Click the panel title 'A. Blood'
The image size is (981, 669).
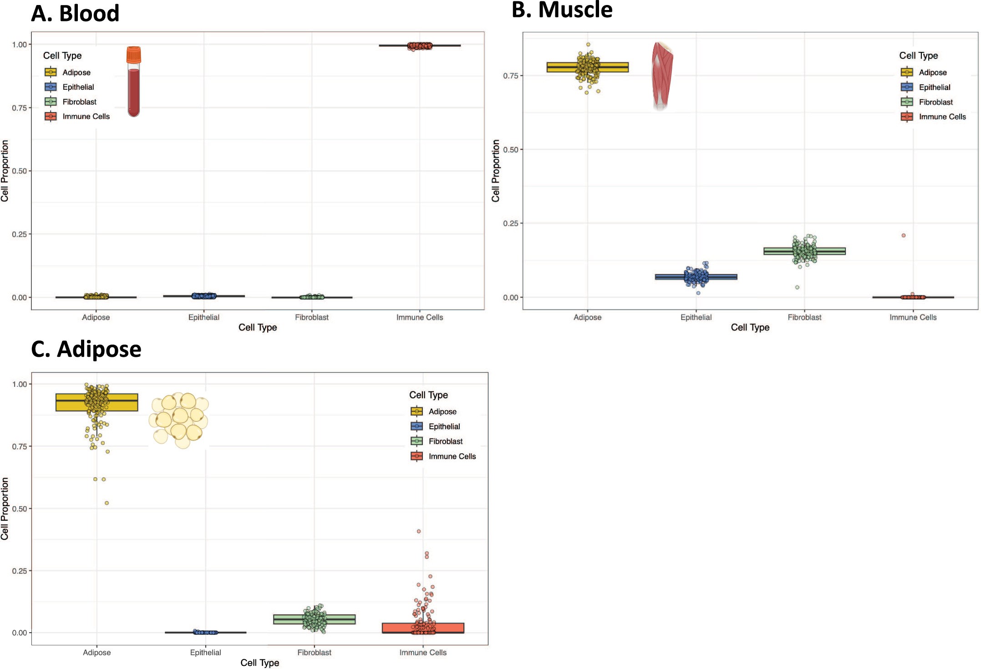tap(75, 13)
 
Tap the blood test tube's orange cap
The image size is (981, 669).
tap(133, 55)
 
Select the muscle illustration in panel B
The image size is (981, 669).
tap(662, 75)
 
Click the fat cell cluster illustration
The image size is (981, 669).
tap(179, 420)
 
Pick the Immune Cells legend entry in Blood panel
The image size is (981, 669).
tap(77, 117)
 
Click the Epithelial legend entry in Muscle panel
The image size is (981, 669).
tap(926, 87)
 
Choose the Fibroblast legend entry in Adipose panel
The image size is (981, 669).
tap(437, 441)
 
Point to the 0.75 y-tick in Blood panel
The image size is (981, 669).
tap(20, 108)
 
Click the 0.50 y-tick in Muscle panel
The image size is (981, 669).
tap(510, 150)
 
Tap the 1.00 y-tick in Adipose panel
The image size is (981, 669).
tap(20, 384)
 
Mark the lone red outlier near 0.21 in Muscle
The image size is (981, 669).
tap(904, 235)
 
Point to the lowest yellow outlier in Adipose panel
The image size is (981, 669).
tap(107, 503)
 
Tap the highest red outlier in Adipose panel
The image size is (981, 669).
tap(419, 531)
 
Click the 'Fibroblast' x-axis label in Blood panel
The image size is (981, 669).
tap(312, 317)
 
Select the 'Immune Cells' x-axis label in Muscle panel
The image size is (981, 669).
tap(913, 317)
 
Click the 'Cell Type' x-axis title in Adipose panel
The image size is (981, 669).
tap(259, 663)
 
